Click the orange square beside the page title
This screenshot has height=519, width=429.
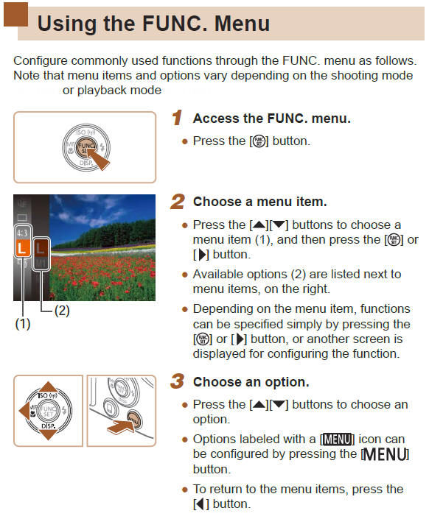[14, 15]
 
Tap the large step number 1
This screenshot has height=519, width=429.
[177, 118]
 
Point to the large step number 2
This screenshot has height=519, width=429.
[177, 201]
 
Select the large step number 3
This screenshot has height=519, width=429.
[177, 382]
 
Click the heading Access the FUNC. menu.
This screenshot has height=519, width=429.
[271, 119]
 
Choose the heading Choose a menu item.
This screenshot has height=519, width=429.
[259, 202]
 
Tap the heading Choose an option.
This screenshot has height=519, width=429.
[251, 383]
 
